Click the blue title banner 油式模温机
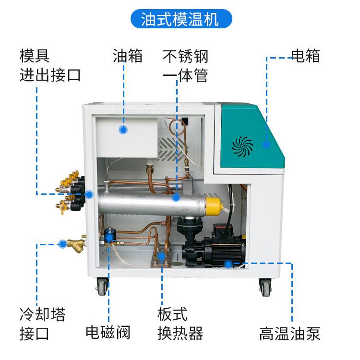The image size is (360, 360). point(180,19)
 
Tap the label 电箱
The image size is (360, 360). point(306,56)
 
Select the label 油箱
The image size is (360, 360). point(128,56)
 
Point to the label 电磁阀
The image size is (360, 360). point(108,332)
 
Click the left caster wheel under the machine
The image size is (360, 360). point(102,287)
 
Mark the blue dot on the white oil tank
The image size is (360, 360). point(123,130)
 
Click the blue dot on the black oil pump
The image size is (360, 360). point(228,264)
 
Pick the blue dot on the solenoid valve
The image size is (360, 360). point(109,236)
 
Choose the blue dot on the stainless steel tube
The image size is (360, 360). point(176,197)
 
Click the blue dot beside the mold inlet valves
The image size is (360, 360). point(89,194)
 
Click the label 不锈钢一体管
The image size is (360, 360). point(185,66)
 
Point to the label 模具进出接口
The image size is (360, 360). point(50,66)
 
